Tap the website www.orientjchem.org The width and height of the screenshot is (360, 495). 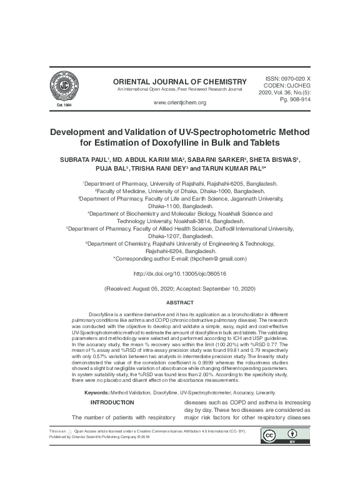coord(179,102)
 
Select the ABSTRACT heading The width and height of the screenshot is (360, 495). coord(179,302)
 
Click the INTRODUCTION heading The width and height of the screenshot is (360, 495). coord(112,402)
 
